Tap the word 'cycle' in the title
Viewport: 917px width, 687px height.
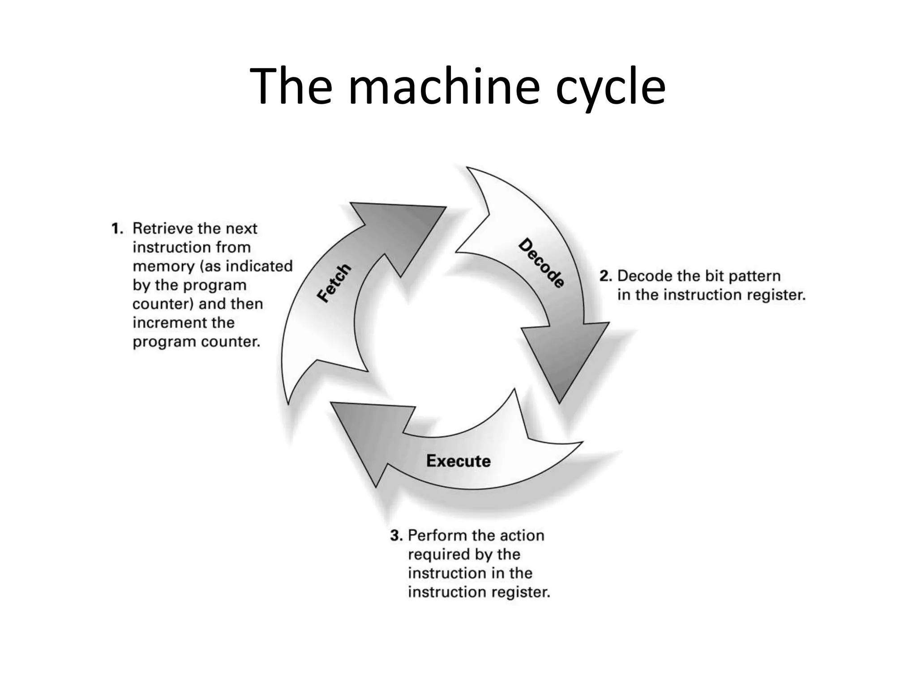(x=610, y=87)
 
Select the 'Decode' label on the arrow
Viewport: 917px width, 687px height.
(x=541, y=263)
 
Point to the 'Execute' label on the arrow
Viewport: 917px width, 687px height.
(x=458, y=461)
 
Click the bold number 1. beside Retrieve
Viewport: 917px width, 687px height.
(x=117, y=229)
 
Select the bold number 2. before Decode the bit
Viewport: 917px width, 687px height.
(x=605, y=276)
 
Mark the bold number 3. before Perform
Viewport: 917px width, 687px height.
(x=396, y=535)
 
